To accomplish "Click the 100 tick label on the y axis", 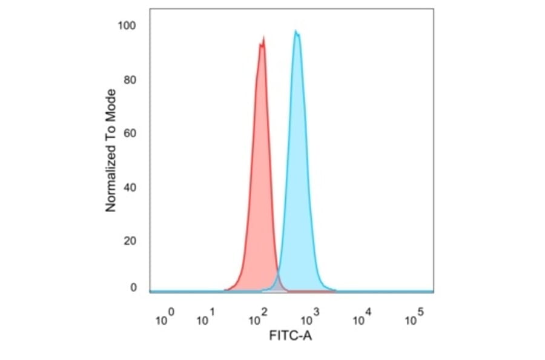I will click(127, 25).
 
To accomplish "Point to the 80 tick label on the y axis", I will click(130, 79).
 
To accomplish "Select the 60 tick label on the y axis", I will click(130, 133).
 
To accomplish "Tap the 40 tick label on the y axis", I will click(130, 187).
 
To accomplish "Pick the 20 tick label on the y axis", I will click(130, 241).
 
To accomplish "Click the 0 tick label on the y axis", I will click(133, 288).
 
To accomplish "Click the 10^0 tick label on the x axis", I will click(165, 318).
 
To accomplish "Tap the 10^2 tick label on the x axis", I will click(259, 318).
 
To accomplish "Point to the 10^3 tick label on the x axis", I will click(310, 318).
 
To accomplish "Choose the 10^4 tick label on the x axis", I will click(362, 318).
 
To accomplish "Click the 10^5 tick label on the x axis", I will click(414, 318).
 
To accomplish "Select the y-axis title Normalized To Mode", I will click(111, 150).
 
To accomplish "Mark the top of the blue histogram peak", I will click(296, 31).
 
